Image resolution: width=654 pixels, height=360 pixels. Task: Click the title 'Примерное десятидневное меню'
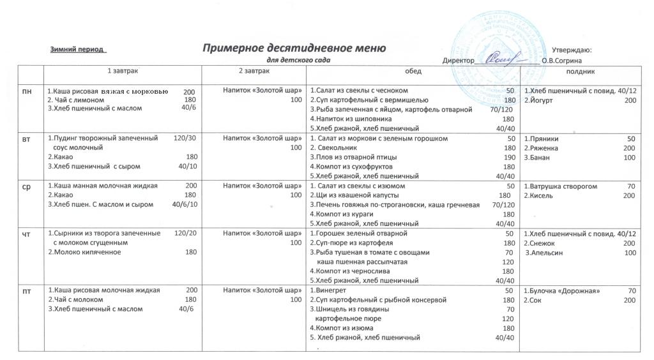pyautogui.click(x=294, y=48)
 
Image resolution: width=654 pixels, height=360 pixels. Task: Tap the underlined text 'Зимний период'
pyautogui.click(x=78, y=49)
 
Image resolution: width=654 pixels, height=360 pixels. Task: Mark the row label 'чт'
pyautogui.click(x=27, y=234)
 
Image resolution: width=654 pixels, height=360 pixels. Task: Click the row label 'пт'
pyautogui.click(x=27, y=291)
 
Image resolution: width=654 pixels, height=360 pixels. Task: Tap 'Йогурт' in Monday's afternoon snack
pyautogui.click(x=540, y=100)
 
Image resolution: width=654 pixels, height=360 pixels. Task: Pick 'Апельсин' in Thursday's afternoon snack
pyautogui.click(x=544, y=253)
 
